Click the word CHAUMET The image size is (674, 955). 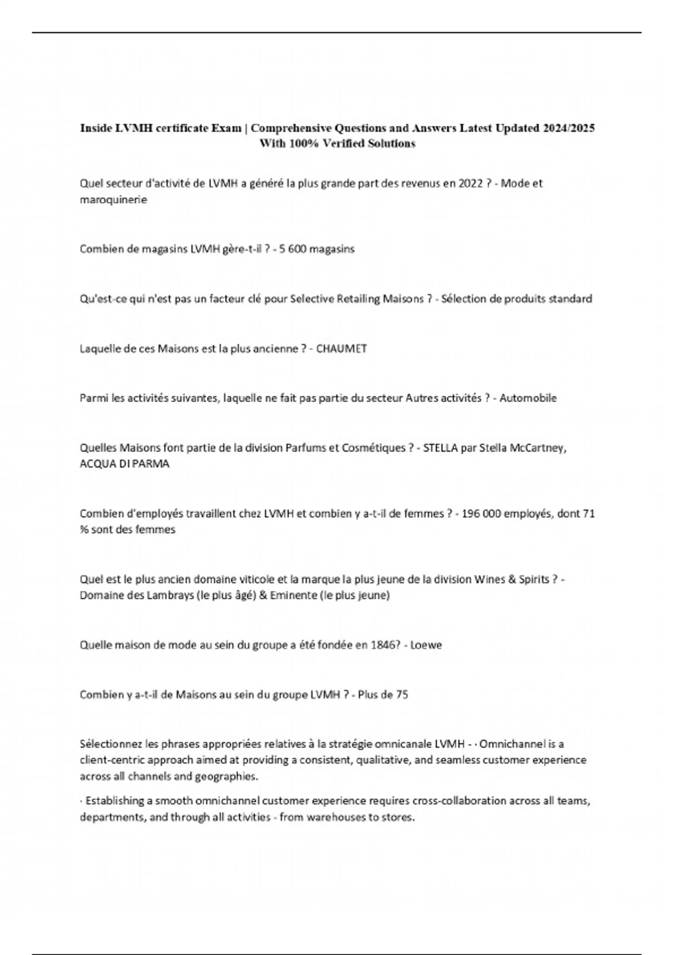pyautogui.click(x=341, y=349)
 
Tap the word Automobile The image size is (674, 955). pyautogui.click(x=528, y=398)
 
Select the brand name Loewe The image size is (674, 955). pyautogui.click(x=426, y=645)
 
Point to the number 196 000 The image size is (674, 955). pyautogui.click(x=481, y=513)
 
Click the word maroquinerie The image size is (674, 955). pyautogui.click(x=113, y=200)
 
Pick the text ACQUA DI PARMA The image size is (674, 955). pyautogui.click(x=125, y=465)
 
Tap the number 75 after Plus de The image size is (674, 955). pyautogui.click(x=402, y=695)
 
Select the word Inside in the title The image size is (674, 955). pyautogui.click(x=96, y=128)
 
